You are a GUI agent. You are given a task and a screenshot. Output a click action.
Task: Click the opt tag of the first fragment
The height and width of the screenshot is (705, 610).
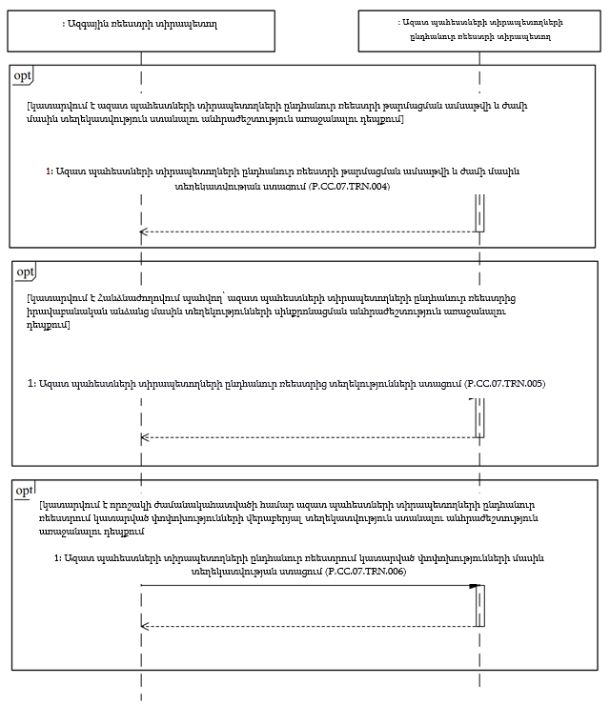[22, 75]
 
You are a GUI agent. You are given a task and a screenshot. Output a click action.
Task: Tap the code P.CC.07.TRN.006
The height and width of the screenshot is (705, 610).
[366, 571]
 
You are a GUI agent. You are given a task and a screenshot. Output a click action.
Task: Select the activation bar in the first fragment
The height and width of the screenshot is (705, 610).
[479, 211]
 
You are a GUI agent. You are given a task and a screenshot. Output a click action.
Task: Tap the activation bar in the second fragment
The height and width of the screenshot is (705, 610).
[479, 417]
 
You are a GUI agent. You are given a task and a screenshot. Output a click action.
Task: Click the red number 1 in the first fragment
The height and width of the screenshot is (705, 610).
[49, 171]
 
